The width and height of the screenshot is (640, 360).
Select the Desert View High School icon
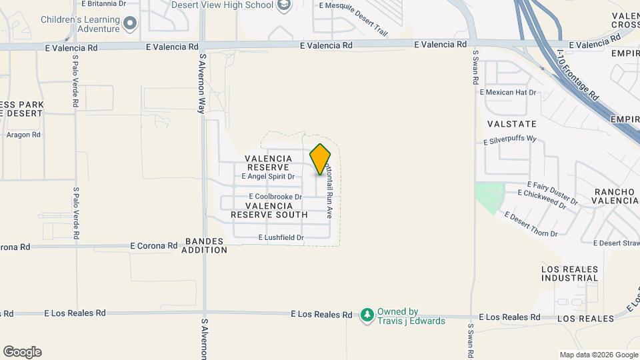pyautogui.click(x=285, y=5)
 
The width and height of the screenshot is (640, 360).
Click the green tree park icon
pyautogui.click(x=367, y=314)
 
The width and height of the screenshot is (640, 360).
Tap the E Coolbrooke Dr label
pyautogui.click(x=275, y=197)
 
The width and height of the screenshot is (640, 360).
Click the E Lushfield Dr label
pyautogui.click(x=281, y=238)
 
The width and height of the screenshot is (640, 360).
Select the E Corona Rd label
pyautogui.click(x=154, y=245)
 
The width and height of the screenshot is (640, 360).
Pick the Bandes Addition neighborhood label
pyautogui.click(x=206, y=245)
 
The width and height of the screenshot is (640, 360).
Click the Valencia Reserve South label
pyautogui.click(x=269, y=210)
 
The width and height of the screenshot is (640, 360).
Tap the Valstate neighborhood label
pyautogui.click(x=512, y=124)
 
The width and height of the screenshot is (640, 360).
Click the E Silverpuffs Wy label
pyautogui.click(x=510, y=140)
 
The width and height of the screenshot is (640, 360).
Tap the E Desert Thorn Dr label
pyautogui.click(x=531, y=224)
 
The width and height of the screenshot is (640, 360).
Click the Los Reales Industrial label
pyautogui.click(x=570, y=273)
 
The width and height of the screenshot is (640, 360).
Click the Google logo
pyautogui.click(x=22, y=352)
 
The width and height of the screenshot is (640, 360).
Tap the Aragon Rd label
pyautogui.click(x=24, y=135)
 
